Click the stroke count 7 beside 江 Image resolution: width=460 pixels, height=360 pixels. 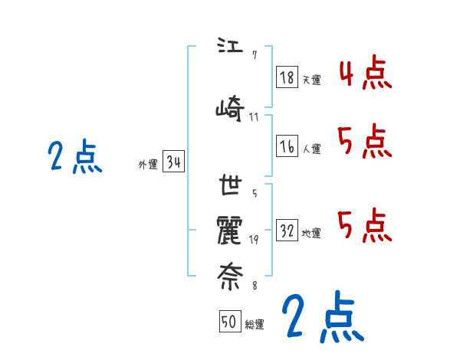pos(254,55)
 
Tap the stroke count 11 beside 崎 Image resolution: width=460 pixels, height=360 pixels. pos(254,116)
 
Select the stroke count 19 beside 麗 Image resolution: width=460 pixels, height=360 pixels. pos(254,239)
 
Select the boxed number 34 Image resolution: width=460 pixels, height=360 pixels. pos(173,162)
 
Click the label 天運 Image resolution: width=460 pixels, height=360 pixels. pos(311,80)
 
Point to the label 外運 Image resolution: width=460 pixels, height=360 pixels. pos(147,164)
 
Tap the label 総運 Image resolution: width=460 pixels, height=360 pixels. pos(255,324)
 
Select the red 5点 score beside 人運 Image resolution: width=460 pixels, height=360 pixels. pos(365,142)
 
